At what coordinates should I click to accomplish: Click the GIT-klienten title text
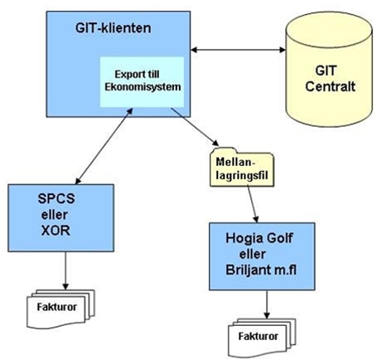click(114, 28)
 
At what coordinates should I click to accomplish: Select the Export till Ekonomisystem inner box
click(142, 82)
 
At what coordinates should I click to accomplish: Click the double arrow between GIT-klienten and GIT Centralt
click(238, 50)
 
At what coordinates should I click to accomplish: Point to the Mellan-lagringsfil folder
click(242, 167)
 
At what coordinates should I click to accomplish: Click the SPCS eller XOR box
click(61, 218)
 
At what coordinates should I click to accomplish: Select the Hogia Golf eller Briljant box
click(262, 256)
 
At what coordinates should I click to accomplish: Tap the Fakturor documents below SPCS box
click(60, 309)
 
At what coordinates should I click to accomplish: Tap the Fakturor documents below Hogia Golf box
click(262, 338)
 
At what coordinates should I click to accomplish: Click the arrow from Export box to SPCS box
click(104, 146)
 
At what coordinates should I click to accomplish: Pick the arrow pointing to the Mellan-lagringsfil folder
click(195, 127)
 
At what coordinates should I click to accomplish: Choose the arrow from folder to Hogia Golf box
click(253, 204)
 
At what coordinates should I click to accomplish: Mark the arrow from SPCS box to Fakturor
click(65, 270)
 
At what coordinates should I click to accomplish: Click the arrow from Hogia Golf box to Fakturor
click(267, 304)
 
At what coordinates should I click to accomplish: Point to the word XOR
click(56, 230)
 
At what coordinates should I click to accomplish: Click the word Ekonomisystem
click(143, 87)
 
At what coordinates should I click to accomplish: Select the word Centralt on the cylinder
click(330, 86)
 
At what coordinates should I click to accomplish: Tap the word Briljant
click(244, 270)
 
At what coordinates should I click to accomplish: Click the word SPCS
click(56, 198)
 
